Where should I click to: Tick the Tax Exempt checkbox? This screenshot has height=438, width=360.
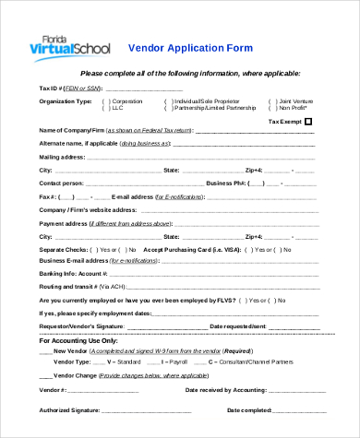pos(308,121)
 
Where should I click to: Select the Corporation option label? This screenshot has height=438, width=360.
pos(126,101)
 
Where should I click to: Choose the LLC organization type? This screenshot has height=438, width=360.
pos(119,108)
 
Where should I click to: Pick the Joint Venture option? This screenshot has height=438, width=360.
pos(297,101)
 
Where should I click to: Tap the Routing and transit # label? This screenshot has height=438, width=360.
pos(68,287)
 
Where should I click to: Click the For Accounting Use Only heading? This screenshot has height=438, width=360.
pos(78,340)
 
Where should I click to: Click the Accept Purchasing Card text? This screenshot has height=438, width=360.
pos(186,248)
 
